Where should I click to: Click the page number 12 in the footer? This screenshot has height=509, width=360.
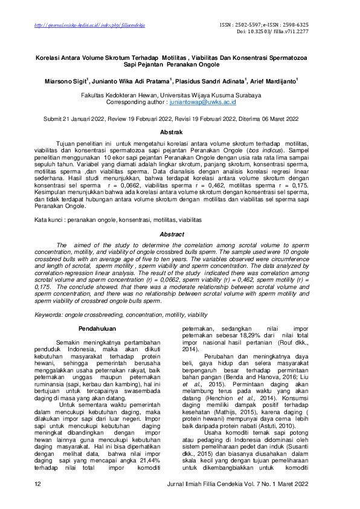coord(37,485)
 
